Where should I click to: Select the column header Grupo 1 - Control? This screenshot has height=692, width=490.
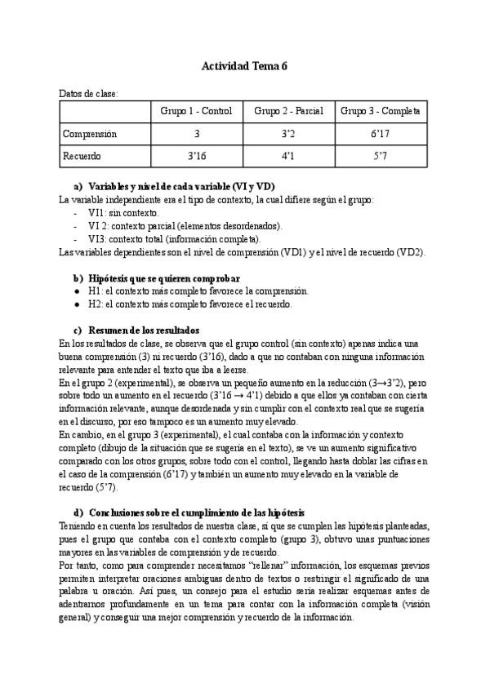click(196, 111)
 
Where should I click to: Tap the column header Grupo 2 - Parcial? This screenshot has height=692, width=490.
click(289, 111)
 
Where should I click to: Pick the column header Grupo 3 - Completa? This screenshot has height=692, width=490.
click(381, 111)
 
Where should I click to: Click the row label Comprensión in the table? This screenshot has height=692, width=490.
click(91, 133)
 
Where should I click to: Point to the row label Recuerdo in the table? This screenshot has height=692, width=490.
click(83, 154)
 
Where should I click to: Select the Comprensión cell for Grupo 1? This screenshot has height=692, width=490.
click(196, 133)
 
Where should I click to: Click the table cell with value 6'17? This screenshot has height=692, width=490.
click(381, 133)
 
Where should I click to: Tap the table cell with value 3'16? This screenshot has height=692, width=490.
click(196, 154)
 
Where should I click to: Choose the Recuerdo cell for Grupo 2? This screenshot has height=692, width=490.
click(289, 154)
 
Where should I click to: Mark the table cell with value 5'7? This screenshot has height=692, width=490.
click(381, 154)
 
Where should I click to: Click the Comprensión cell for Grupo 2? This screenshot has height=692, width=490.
click(289, 133)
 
